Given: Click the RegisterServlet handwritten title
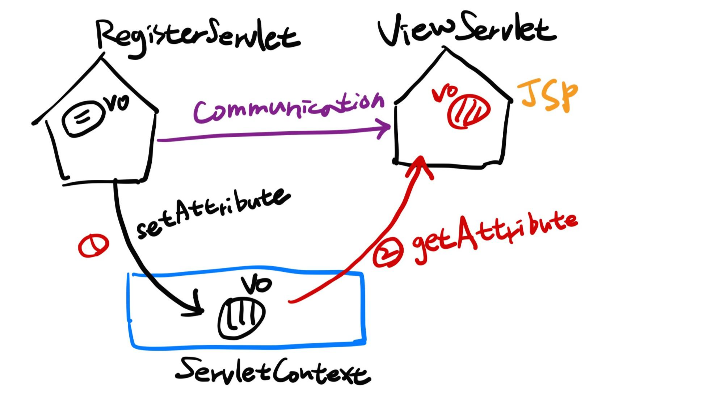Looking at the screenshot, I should click(197, 36).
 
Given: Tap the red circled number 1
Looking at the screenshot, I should click(93, 245).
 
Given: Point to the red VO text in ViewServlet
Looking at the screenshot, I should click(445, 93).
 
